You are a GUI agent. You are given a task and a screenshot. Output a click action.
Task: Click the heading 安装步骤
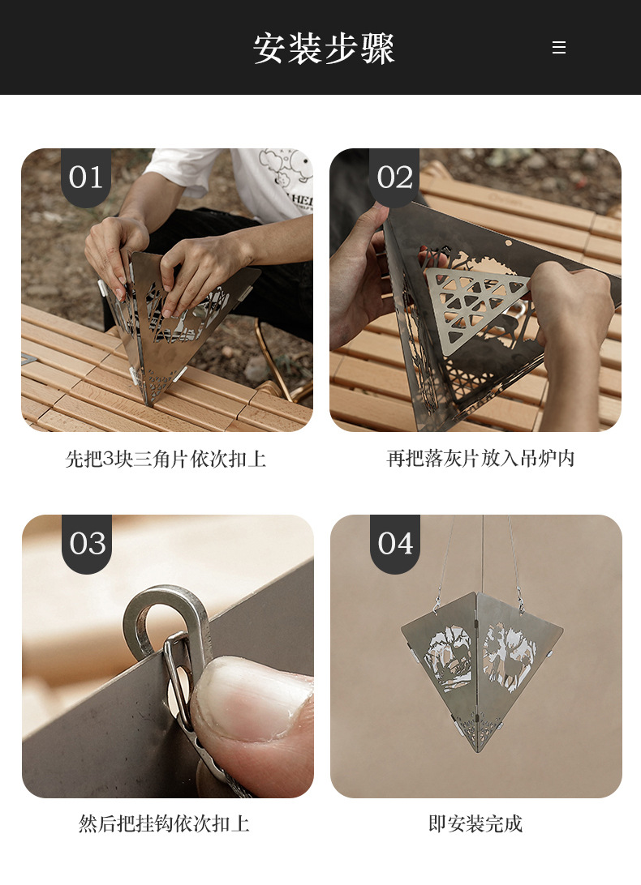tap(324, 49)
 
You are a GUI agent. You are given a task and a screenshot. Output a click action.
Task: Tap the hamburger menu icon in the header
tap(558, 48)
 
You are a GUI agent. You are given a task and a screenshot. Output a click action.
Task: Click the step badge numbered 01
tap(86, 177)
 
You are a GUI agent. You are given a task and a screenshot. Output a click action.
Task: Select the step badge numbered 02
tap(394, 177)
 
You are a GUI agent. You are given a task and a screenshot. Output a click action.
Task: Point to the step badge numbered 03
tap(87, 544)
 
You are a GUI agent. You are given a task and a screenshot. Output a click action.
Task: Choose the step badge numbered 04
tap(395, 544)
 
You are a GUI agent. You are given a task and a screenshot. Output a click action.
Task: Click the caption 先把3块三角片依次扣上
tap(166, 460)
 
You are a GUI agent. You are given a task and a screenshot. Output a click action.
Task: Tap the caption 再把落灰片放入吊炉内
tap(480, 459)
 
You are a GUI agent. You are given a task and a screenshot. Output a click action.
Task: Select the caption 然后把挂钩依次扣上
tap(164, 824)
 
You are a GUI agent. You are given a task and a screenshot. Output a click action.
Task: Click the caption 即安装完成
tap(475, 824)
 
